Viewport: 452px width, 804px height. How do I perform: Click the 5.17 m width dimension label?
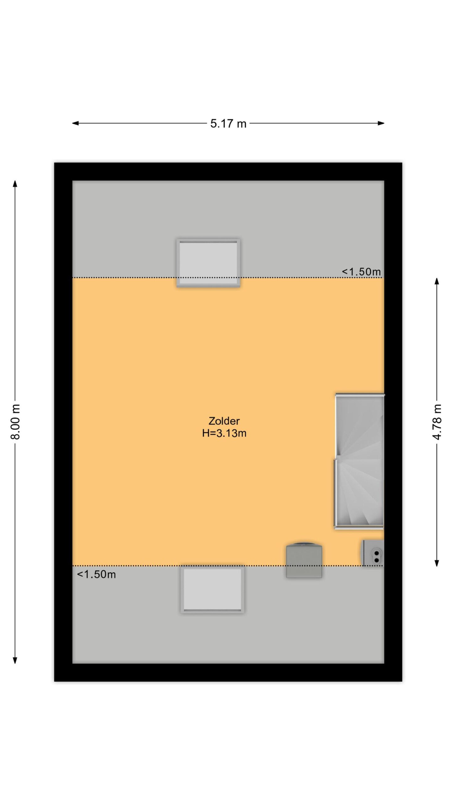tap(228, 124)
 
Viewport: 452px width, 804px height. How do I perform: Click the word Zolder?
tap(224, 421)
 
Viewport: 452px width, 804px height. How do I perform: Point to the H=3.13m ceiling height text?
tap(224, 433)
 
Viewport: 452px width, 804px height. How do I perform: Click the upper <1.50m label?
tap(361, 272)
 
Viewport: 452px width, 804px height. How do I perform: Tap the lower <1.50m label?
tap(96, 574)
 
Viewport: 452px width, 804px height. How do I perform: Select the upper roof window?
tap(208, 263)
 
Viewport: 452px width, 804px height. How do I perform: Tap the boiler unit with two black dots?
tap(373, 553)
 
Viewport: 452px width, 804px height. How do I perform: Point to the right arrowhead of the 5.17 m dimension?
tap(381, 123)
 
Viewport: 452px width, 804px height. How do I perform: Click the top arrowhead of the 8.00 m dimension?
tap(15, 184)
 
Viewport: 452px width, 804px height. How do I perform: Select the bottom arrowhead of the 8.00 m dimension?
tap(15, 660)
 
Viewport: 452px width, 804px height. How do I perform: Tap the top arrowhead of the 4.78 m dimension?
tap(437, 281)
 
